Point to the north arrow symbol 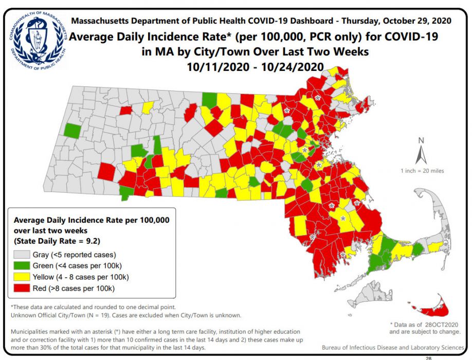[x=421, y=154]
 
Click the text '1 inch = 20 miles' [x=422, y=171]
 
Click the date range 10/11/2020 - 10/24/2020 [x=255, y=66]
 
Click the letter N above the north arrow [x=421, y=140]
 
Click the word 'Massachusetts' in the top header [x=99, y=21]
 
